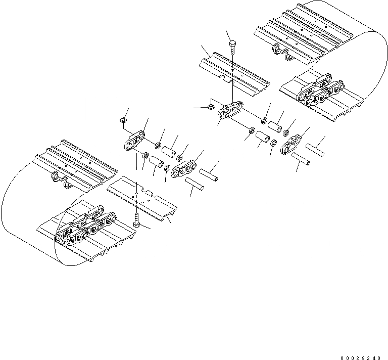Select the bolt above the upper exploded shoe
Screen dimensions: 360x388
click(x=231, y=49)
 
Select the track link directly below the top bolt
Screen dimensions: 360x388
click(x=231, y=111)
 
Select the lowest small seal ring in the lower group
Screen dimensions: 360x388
click(x=167, y=168)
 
